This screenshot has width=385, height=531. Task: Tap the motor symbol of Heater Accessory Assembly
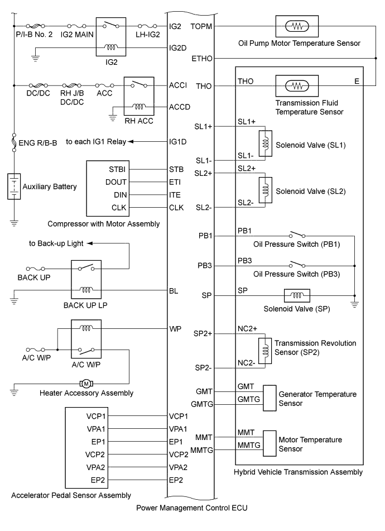click(x=86, y=383)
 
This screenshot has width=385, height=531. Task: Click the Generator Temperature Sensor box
click(x=270, y=398)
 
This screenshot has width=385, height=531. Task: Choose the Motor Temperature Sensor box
click(x=270, y=444)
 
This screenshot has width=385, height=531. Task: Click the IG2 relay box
click(x=112, y=37)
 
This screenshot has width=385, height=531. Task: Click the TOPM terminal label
click(x=201, y=26)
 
